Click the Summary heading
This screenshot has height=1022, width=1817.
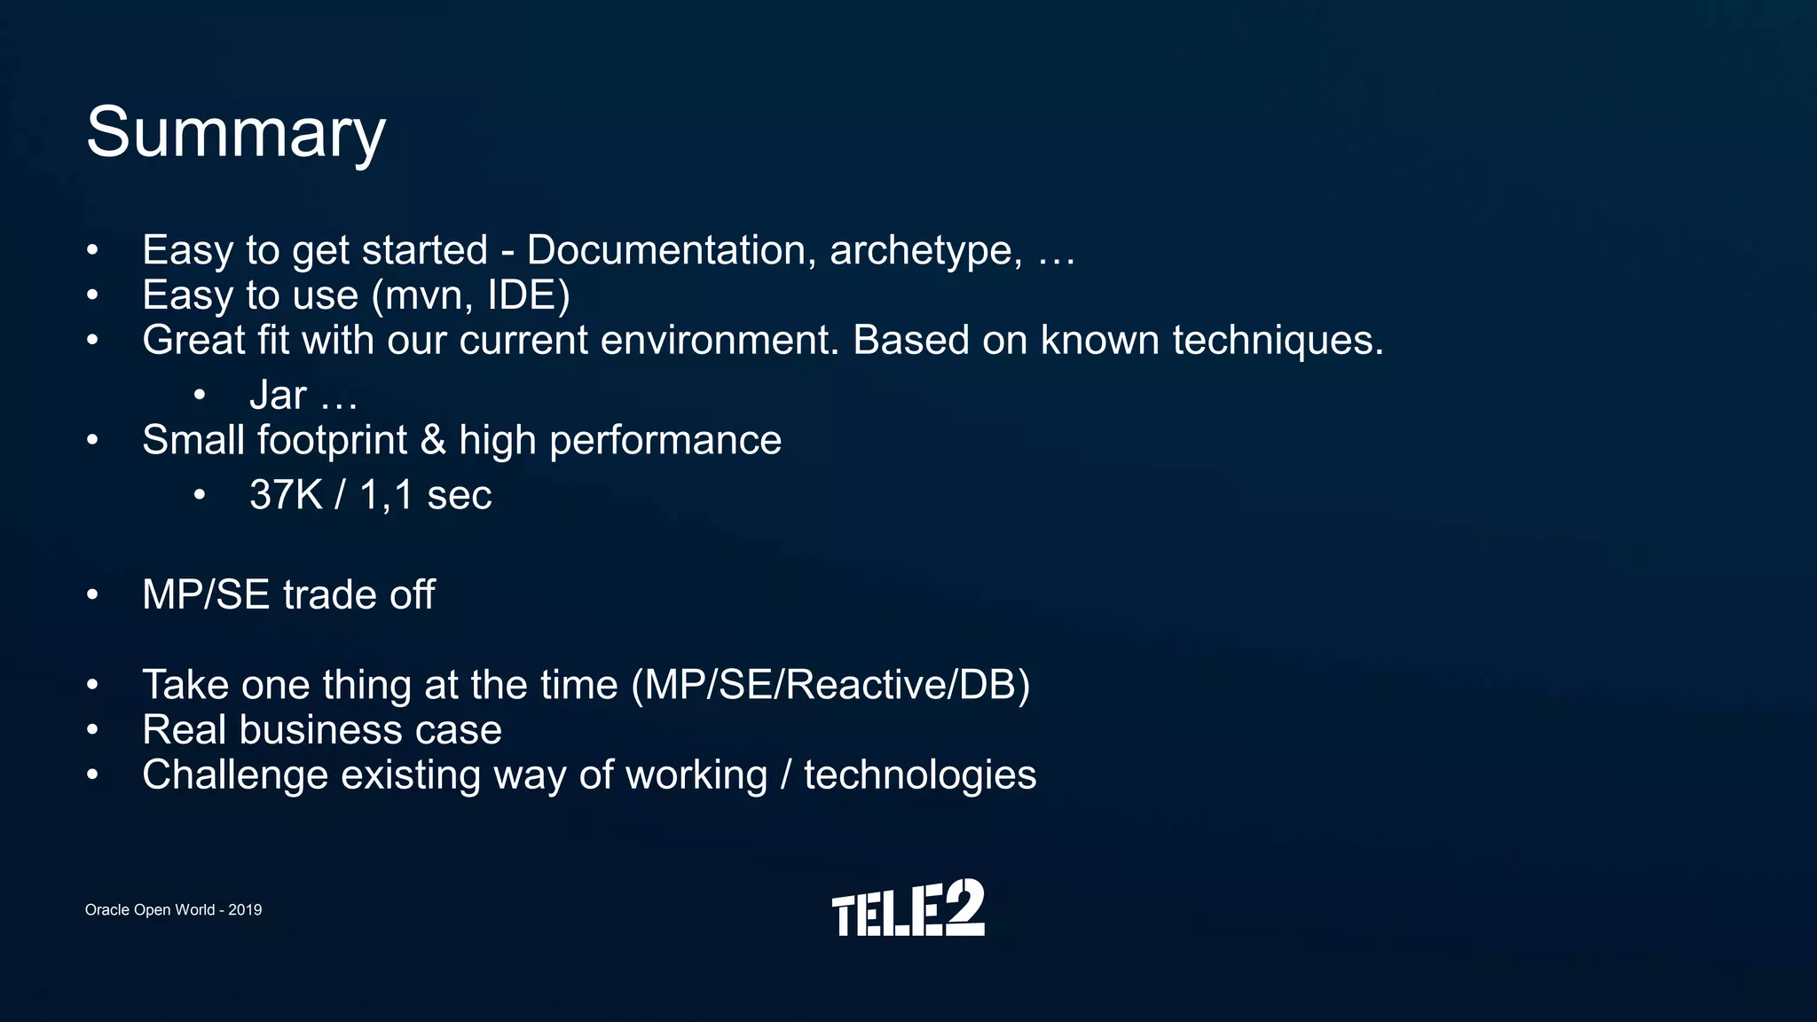(235, 133)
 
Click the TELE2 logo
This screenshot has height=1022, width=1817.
(908, 908)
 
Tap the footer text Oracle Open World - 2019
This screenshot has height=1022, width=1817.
(173, 910)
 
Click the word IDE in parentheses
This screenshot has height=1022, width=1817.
(528, 295)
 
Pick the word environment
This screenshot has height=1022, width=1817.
(719, 341)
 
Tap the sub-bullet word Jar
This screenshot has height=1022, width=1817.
(278, 396)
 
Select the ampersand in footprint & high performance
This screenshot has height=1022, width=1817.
(433, 440)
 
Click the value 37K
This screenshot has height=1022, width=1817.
(286, 495)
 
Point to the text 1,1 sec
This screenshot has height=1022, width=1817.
(425, 495)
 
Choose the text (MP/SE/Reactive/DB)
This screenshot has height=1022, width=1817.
(830, 686)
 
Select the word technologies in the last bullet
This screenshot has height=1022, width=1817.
(920, 776)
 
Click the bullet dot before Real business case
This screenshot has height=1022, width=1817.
(92, 730)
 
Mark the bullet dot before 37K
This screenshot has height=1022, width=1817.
(200, 495)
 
